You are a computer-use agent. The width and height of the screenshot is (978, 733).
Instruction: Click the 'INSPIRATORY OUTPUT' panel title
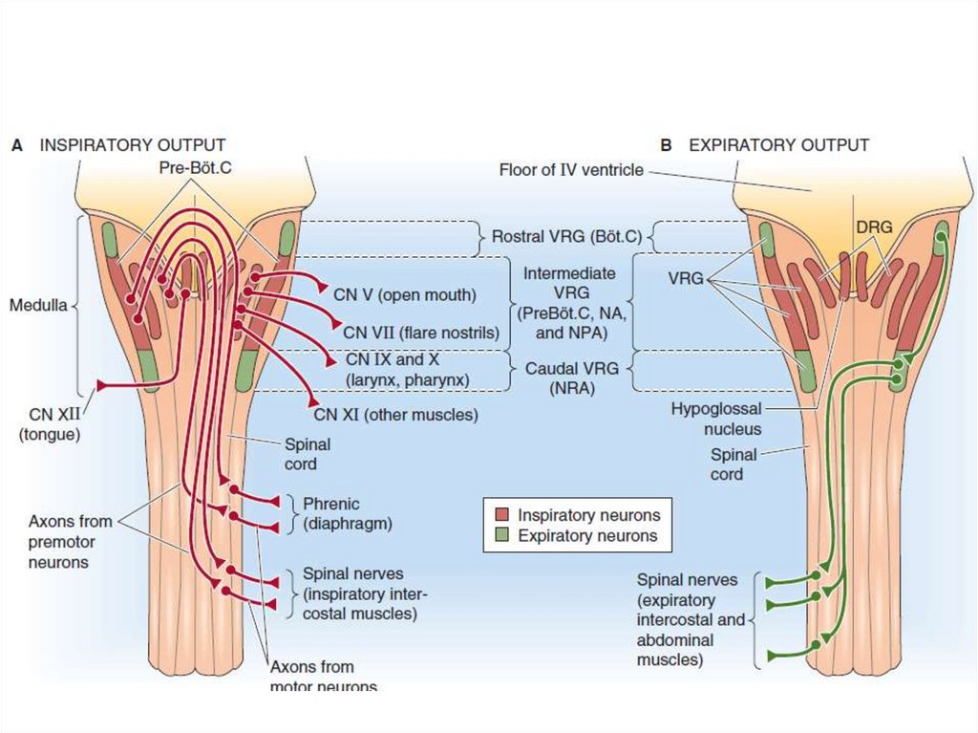click(132, 145)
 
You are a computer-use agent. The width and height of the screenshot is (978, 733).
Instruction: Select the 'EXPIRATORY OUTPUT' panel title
click(778, 145)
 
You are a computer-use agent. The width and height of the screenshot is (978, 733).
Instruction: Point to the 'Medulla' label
click(38, 307)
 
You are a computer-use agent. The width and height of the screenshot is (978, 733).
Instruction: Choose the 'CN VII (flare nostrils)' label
click(421, 333)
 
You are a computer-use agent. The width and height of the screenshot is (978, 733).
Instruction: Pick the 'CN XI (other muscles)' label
click(395, 415)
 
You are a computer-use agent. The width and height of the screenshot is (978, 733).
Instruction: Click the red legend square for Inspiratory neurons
click(500, 514)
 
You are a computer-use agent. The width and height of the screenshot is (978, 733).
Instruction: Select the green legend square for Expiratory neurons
click(500, 536)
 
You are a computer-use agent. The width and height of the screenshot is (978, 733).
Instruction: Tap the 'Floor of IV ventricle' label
click(570, 170)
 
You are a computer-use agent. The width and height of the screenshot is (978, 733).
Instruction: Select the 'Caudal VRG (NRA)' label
click(560, 378)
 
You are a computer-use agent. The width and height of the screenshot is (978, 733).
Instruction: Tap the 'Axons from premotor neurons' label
click(70, 542)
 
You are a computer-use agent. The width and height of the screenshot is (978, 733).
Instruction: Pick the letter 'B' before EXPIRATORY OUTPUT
click(666, 145)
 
